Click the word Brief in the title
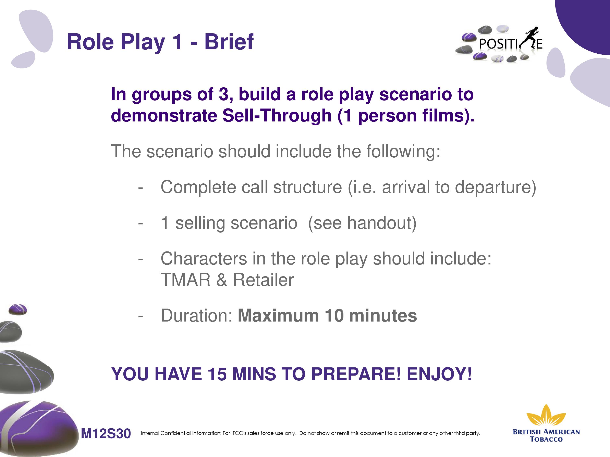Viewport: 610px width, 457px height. pyautogui.click(x=229, y=42)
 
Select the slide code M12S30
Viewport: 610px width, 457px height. pyautogui.click(x=106, y=433)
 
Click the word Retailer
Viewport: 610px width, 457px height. pyautogui.click(x=263, y=280)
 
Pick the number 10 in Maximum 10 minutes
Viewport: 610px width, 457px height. pyautogui.click(x=334, y=315)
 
